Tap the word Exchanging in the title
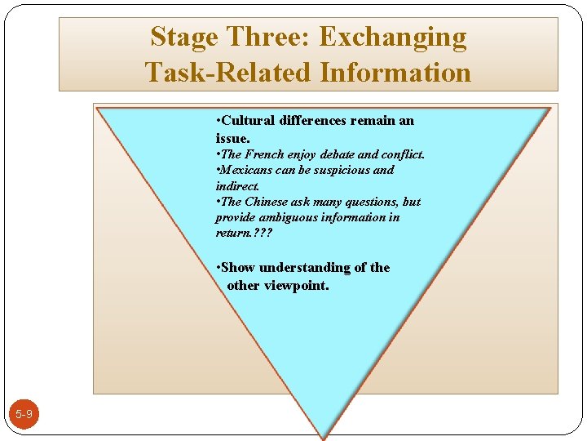click(x=393, y=38)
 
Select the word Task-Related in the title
click(x=229, y=73)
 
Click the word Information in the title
click(x=395, y=73)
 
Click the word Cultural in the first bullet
click(x=248, y=121)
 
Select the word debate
click(x=337, y=154)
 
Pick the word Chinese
click(x=266, y=202)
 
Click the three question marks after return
click(x=263, y=233)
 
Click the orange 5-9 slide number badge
click(x=24, y=415)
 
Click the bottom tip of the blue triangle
click(x=324, y=435)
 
